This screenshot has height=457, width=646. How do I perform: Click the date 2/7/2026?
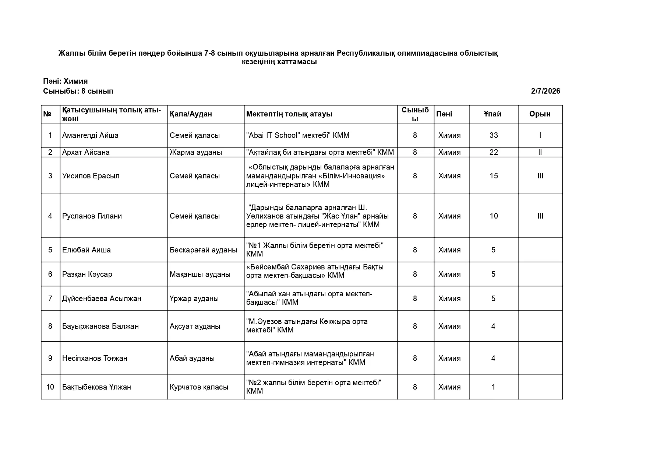[545, 91]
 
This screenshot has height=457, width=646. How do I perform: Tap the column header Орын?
[540, 114]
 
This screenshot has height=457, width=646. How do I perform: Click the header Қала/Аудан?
[191, 114]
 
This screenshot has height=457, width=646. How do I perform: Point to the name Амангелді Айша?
[90, 135]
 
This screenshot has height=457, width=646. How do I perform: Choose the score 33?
[494, 135]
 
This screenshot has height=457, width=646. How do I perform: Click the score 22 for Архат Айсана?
[494, 152]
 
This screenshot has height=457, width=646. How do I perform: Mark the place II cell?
[540, 152]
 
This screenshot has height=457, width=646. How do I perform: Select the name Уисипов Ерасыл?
[91, 176]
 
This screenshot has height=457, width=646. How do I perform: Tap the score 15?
[494, 176]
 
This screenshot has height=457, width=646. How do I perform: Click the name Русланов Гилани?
[92, 216]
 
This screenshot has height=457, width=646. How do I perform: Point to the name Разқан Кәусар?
[87, 274]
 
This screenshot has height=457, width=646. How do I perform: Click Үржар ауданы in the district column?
[194, 299]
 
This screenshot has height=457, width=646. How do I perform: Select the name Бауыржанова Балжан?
[100, 326]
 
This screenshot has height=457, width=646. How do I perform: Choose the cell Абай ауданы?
[192, 358]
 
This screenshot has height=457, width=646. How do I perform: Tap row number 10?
[50, 387]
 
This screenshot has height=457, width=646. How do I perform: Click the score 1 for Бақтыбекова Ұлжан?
[493, 387]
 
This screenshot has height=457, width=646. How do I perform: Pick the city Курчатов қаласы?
[199, 387]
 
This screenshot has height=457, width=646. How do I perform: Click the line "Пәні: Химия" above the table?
[65, 81]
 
